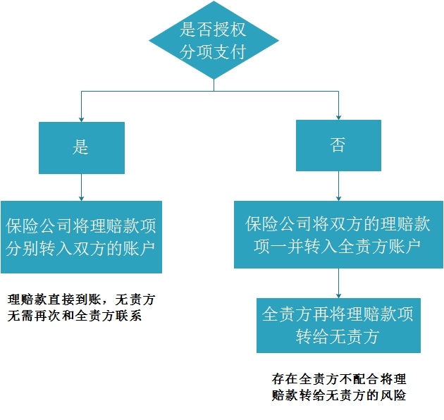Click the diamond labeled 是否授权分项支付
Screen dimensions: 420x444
click(x=214, y=40)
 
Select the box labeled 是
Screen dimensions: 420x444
click(x=82, y=147)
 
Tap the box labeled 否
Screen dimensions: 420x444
click(x=338, y=146)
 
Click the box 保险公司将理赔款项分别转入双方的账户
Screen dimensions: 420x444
click(x=81, y=237)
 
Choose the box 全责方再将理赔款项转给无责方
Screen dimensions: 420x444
click(x=338, y=325)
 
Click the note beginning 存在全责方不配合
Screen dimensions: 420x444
click(x=339, y=387)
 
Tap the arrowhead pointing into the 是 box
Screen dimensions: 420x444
click(x=82, y=118)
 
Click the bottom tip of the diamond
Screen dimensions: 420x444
click(x=214, y=80)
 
